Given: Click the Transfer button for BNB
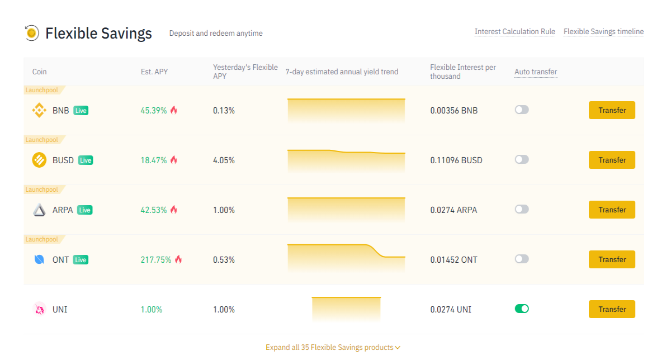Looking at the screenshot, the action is (612, 110).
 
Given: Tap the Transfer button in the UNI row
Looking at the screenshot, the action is (612, 309).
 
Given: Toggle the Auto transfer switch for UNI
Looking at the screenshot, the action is (522, 309).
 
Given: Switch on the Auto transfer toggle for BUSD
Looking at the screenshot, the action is (522, 159).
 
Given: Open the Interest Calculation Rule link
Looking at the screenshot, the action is (514, 31).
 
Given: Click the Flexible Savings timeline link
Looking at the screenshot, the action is (603, 31).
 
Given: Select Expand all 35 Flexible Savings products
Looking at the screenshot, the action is (333, 347).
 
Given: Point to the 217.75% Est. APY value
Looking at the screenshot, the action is (156, 260).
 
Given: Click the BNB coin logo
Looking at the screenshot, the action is (39, 110).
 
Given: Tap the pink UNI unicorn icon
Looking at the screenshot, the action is (39, 309).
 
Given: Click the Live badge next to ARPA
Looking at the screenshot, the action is (85, 210).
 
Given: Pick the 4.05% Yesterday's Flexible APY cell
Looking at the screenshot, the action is (224, 160).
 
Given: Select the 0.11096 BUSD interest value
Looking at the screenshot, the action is (456, 160).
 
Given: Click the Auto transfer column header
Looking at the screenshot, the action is (536, 72).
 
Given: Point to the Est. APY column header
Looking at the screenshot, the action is (154, 72).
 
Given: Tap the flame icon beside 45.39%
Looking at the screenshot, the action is (174, 110).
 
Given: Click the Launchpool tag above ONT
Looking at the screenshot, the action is (41, 239).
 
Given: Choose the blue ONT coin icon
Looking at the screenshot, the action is (39, 259).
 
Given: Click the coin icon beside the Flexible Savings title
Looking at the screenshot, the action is (32, 32).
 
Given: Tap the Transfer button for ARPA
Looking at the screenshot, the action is (612, 210).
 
